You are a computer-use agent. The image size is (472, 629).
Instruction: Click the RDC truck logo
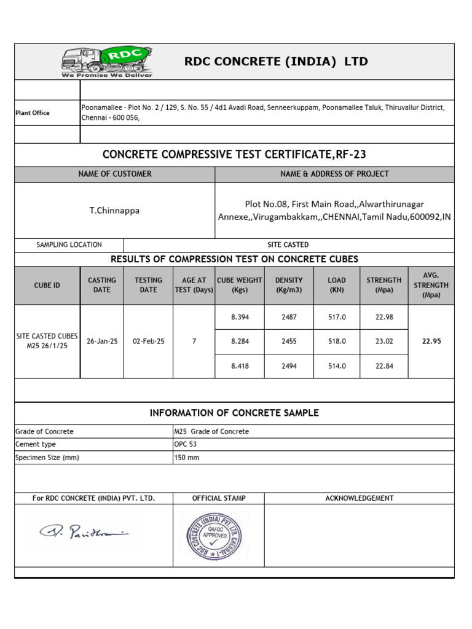point(107,62)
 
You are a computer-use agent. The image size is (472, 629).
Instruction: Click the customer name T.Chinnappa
point(114,210)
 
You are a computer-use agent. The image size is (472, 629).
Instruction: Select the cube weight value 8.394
point(239,317)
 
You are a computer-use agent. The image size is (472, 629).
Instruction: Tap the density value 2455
point(289,342)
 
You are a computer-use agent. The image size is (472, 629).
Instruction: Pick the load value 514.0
point(337,366)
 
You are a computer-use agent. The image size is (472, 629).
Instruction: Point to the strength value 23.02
point(384,342)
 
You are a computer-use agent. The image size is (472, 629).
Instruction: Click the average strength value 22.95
point(431,342)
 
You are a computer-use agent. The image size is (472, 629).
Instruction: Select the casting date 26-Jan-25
point(102,342)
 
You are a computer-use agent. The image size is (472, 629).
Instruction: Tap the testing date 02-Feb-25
point(148,342)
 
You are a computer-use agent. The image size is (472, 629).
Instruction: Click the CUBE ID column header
point(47,285)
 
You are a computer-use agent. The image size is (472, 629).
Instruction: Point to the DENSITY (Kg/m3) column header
point(289,285)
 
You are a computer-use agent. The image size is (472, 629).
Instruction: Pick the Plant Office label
point(33,113)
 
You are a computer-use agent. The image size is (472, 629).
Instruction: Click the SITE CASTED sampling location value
point(288,244)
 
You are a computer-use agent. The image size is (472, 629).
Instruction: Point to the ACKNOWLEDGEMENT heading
point(359,498)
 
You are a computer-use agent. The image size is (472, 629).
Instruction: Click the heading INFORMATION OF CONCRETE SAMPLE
point(234,413)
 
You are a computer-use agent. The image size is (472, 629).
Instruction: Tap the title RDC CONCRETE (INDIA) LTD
point(277,61)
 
